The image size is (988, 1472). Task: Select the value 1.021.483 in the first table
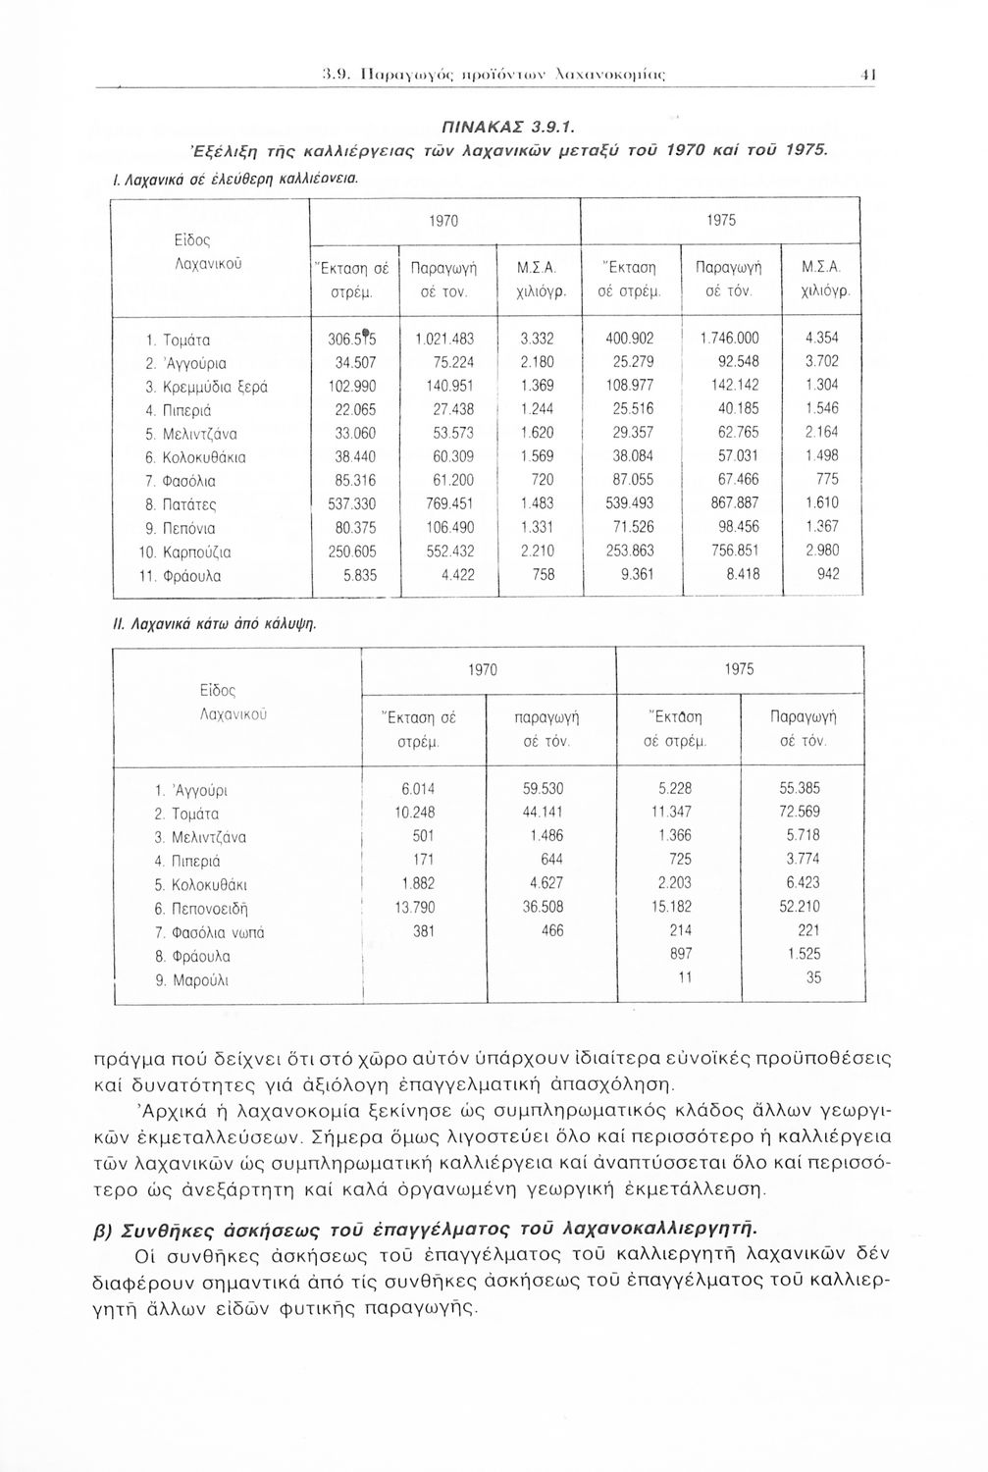point(446,339)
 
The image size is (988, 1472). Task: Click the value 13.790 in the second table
point(415,907)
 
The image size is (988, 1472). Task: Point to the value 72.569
point(801,812)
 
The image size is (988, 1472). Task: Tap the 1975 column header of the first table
point(721,221)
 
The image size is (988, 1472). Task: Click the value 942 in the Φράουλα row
point(828,576)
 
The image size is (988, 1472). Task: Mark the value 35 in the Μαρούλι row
point(814,979)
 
